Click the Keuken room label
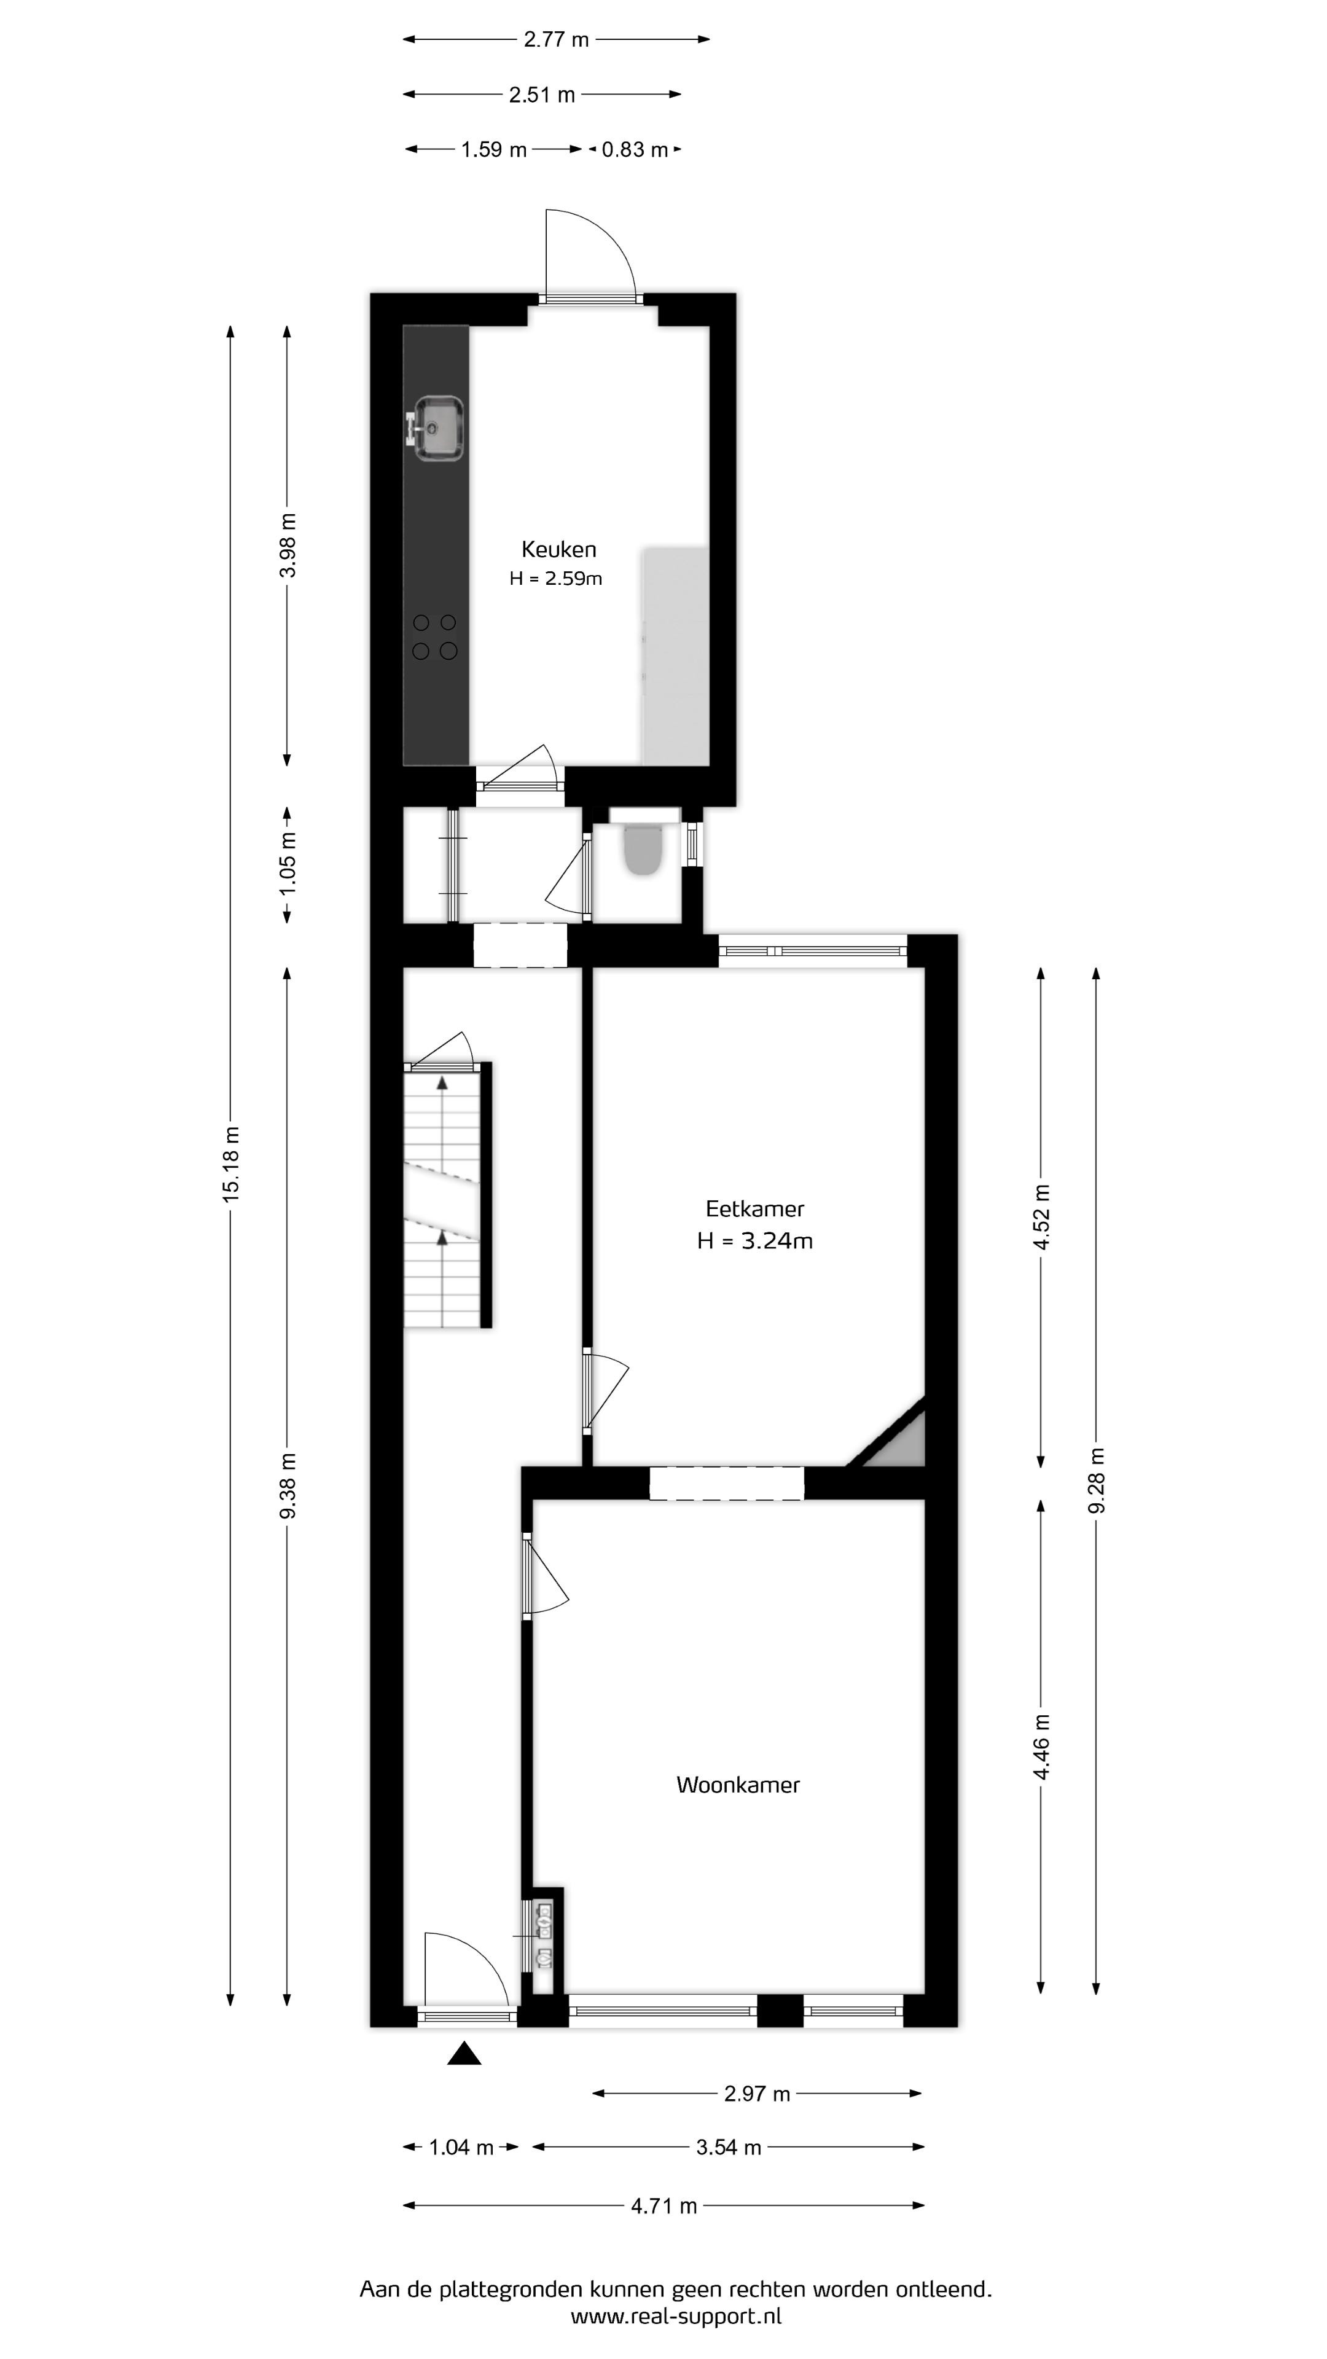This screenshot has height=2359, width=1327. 558,549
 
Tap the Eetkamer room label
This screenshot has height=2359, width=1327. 754,1209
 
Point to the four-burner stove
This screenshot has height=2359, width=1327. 434,636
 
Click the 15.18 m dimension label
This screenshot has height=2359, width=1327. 231,1164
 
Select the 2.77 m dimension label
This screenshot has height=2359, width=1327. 556,39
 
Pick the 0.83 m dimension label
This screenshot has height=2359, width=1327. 635,149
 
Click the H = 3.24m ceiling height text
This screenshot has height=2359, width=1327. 754,1241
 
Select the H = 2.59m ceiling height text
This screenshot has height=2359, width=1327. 556,579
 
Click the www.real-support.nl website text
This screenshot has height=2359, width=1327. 676,2316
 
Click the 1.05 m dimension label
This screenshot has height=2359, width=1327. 288,864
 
